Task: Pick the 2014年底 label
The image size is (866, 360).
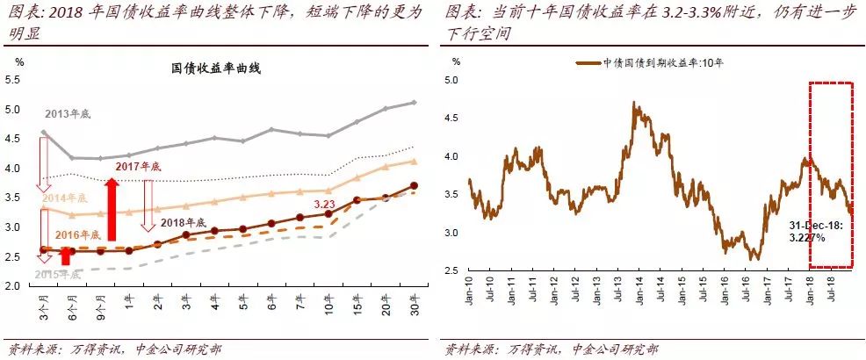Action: pos(66,198)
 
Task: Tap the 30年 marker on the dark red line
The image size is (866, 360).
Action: pos(415,185)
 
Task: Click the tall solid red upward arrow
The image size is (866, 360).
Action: pos(112,209)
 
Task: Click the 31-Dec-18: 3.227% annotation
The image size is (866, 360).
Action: pos(819,231)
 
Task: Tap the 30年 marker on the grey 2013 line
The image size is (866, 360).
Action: pos(415,103)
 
